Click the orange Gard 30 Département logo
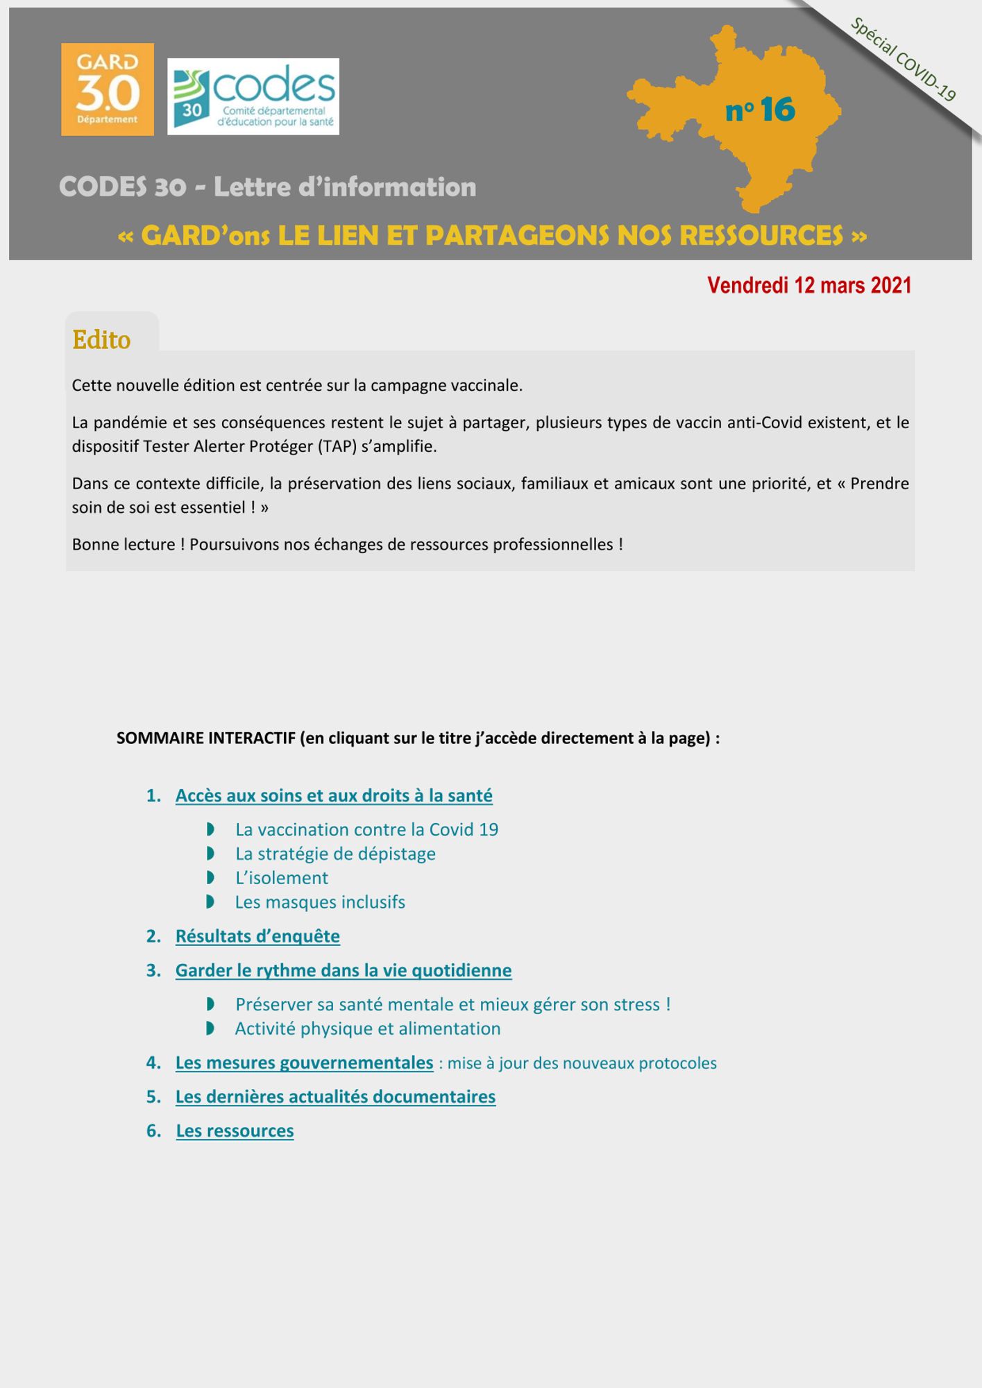point(108,90)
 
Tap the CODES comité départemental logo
point(253,96)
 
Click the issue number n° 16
point(760,110)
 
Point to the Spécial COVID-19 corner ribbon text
point(904,60)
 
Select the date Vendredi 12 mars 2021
point(809,285)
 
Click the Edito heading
point(101,340)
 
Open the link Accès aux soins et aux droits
point(334,795)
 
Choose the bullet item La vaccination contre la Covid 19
point(366,829)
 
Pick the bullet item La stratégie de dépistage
point(335,854)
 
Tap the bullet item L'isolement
point(282,878)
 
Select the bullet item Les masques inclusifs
point(320,902)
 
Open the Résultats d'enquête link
point(257,936)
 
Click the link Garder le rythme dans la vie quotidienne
point(344,970)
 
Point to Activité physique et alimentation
point(368,1029)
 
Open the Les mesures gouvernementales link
point(304,1063)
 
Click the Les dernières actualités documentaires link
point(335,1097)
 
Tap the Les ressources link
point(235,1131)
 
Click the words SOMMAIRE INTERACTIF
point(206,738)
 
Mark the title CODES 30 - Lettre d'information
point(267,187)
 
